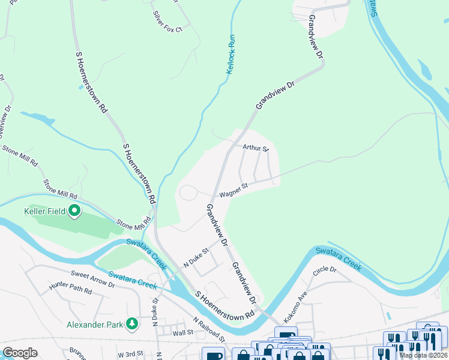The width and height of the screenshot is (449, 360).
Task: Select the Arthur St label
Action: point(255,148)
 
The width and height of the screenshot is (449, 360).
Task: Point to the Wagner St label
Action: point(233,191)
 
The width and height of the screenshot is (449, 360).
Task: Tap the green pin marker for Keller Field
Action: point(74,211)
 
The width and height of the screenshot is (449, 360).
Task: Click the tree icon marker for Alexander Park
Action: point(131,325)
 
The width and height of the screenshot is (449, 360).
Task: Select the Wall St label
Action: point(182,332)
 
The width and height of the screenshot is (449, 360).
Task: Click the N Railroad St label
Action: point(208,330)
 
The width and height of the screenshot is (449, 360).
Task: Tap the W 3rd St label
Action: point(131,354)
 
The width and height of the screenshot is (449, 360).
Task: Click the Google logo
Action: point(19,353)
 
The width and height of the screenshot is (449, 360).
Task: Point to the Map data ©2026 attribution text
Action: point(423,355)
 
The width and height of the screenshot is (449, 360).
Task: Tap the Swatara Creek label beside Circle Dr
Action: point(339,258)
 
